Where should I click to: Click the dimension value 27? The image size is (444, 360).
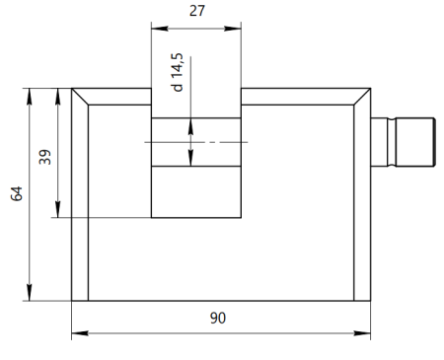[x=197, y=11]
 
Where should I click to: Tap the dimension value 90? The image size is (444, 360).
[x=218, y=318]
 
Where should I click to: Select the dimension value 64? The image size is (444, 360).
[x=17, y=193]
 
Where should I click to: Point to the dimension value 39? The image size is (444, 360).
[x=45, y=157]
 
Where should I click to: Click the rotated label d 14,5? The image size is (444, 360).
[x=177, y=72]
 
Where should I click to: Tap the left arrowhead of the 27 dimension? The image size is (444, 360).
[x=160, y=29]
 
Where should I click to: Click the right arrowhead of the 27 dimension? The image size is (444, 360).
[x=233, y=29]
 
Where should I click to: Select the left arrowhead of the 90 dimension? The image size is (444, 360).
[x=80, y=333]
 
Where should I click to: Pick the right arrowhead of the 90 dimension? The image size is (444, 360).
[x=362, y=333]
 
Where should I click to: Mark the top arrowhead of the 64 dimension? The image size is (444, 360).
[x=30, y=97]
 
